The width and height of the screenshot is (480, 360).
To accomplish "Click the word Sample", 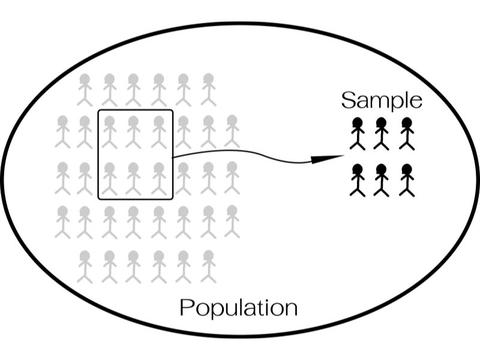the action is [382, 100].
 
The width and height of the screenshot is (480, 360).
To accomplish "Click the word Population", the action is [238, 308].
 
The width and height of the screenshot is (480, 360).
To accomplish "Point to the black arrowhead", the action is [328, 159].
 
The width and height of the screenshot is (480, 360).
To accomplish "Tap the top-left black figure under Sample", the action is [358, 134].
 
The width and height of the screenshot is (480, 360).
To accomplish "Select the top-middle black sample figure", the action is [382, 134].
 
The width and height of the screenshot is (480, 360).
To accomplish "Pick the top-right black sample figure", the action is [407, 134].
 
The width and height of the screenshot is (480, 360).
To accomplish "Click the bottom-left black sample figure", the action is [358, 181].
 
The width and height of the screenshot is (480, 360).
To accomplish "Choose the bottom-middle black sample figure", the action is [382, 181].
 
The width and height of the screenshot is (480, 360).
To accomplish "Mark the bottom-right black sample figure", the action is [407, 181].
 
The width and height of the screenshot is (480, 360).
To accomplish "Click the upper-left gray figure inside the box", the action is [109, 132].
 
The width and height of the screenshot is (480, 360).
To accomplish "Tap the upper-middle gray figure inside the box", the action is [133, 132].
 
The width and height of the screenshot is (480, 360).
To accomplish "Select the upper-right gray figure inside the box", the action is [159, 132].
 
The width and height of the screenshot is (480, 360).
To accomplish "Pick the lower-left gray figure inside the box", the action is [109, 179].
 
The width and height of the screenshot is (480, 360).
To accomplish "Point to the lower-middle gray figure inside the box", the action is [133, 179].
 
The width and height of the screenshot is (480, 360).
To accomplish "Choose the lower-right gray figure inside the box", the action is [159, 179].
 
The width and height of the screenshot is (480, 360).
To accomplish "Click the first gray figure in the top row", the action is [85, 89].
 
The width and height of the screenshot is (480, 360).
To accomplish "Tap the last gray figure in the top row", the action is [208, 89].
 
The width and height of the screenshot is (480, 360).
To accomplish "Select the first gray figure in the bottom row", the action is [85, 267].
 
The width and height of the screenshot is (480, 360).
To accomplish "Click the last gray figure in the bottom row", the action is [208, 267].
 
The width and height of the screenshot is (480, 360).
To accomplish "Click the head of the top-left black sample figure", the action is [358, 123].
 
